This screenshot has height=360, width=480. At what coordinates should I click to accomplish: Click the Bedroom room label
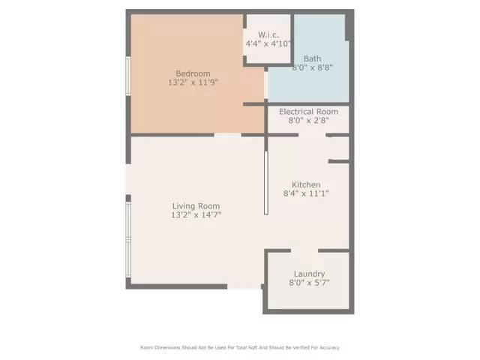coord(193,73)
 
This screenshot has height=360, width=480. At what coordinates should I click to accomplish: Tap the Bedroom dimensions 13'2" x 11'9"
coord(193,82)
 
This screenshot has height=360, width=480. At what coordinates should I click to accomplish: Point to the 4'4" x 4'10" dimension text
coord(268,43)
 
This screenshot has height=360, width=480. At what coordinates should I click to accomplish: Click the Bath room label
coord(312,58)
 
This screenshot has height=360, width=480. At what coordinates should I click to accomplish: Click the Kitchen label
coord(306,184)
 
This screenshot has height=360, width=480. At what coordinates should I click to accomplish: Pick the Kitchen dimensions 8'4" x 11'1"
coord(306,193)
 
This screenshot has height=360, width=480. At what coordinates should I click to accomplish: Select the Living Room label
coord(196,206)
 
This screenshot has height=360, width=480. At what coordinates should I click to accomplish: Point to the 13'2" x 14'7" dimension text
coord(196,215)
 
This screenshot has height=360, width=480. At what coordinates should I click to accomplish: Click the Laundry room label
coord(309,274)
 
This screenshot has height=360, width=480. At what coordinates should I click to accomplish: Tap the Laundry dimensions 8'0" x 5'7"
coord(309,283)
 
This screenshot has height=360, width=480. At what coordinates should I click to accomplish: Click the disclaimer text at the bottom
coord(240,347)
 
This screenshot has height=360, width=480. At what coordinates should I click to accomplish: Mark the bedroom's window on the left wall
coord(128,76)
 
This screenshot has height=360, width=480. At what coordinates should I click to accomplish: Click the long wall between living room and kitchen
coord(265,183)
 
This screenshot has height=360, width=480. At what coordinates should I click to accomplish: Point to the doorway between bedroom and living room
coord(228,135)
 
